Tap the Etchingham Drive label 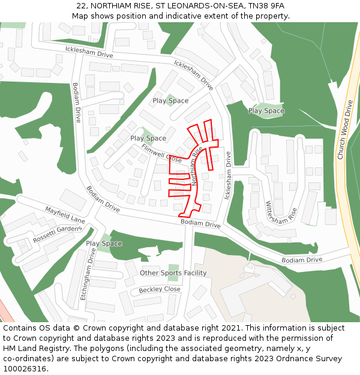point(88,277)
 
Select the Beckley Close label point(160,289)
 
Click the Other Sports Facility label point(173,273)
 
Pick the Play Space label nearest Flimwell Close point(148,138)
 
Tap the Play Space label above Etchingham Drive point(104,244)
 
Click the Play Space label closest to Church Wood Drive point(266,110)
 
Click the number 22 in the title point(81,6)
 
